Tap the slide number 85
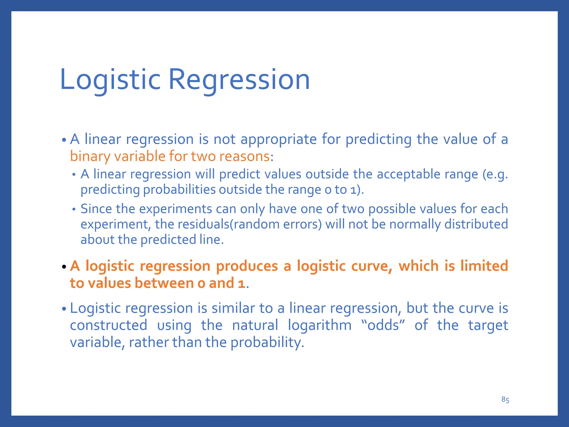coord(505,400)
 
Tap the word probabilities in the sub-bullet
coord(179,190)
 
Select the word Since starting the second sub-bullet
coord(96,209)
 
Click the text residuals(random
coord(228,224)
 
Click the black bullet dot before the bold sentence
coord(64,267)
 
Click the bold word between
coord(164,283)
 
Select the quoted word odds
coord(383,325)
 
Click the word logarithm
coord(320,325)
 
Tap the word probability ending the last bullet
coord(267,342)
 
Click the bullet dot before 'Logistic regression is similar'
coord(64,309)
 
